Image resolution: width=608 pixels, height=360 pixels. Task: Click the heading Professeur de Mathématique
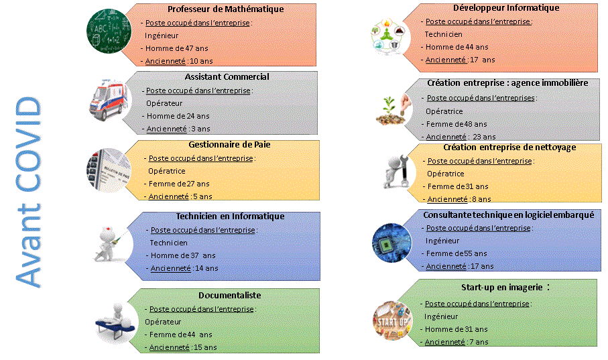pos(225,9)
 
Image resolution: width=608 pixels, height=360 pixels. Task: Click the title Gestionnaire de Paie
pos(229,144)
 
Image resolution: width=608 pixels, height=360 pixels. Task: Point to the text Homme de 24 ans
pos(178,116)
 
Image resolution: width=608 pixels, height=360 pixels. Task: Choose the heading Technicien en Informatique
pos(230,217)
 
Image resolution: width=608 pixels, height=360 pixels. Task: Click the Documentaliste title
pos(229,295)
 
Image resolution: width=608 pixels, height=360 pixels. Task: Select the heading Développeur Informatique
pos(497,8)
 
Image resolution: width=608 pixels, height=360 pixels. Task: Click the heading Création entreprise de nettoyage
pos(509,147)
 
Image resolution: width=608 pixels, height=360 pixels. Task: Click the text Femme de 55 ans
pos(457,253)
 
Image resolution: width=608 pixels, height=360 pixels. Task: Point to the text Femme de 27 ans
pos(179,184)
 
